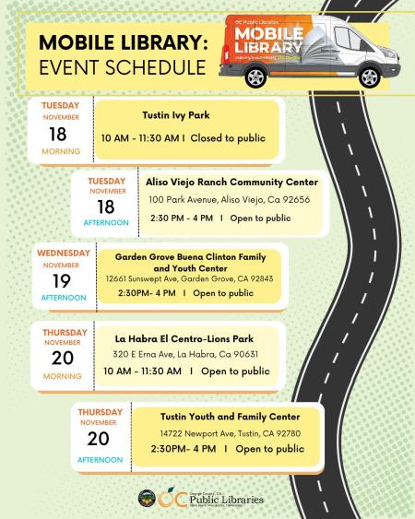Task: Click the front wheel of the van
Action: (368, 77)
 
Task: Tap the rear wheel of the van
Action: (255, 77)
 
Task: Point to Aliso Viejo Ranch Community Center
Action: (232, 182)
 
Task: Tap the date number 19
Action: (62, 280)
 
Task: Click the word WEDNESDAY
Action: (64, 253)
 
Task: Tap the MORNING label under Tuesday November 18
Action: (61, 151)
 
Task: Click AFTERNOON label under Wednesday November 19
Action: (63, 298)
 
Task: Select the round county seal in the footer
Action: (146, 499)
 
